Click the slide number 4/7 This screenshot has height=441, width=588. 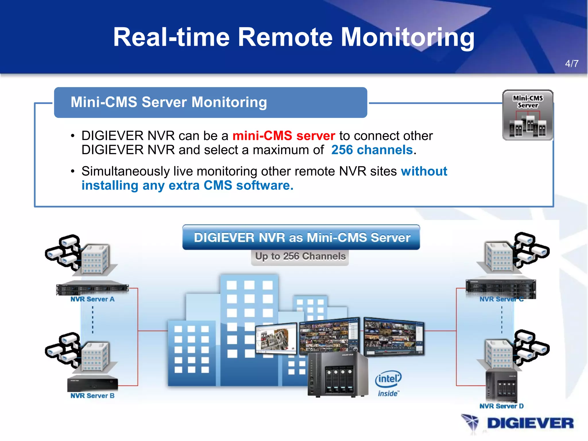572,63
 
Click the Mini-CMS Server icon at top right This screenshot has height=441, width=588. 528,115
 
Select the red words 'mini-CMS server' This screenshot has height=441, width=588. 284,136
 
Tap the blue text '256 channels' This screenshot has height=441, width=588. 372,150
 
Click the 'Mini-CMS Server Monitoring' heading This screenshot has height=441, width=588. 169,102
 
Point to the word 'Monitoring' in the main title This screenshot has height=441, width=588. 407,37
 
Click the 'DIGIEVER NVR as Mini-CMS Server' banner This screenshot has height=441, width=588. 301,237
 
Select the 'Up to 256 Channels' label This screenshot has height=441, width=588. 300,256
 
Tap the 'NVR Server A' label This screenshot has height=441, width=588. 92,299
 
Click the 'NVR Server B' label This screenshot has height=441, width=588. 92,396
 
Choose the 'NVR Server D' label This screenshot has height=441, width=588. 501,406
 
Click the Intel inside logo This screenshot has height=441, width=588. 388,384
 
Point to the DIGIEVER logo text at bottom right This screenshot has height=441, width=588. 530,423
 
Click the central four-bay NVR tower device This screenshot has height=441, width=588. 338,375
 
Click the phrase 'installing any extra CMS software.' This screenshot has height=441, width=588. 187,185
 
